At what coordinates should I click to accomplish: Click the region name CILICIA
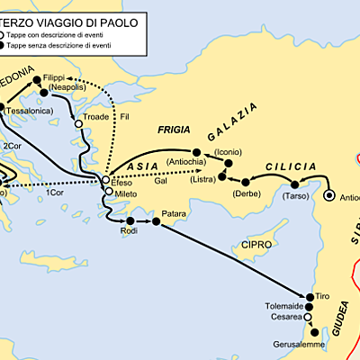291,166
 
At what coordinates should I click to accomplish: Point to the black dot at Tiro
310,296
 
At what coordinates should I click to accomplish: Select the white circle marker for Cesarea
309,317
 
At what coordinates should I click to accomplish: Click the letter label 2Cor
13,145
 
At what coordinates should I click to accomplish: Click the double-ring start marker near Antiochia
330,194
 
